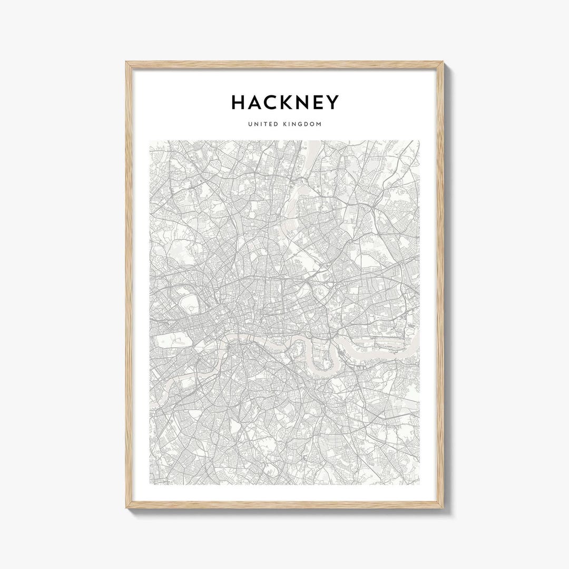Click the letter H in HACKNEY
point(238,102)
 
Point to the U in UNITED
point(249,124)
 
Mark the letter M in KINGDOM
point(319,124)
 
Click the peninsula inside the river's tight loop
point(319,352)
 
